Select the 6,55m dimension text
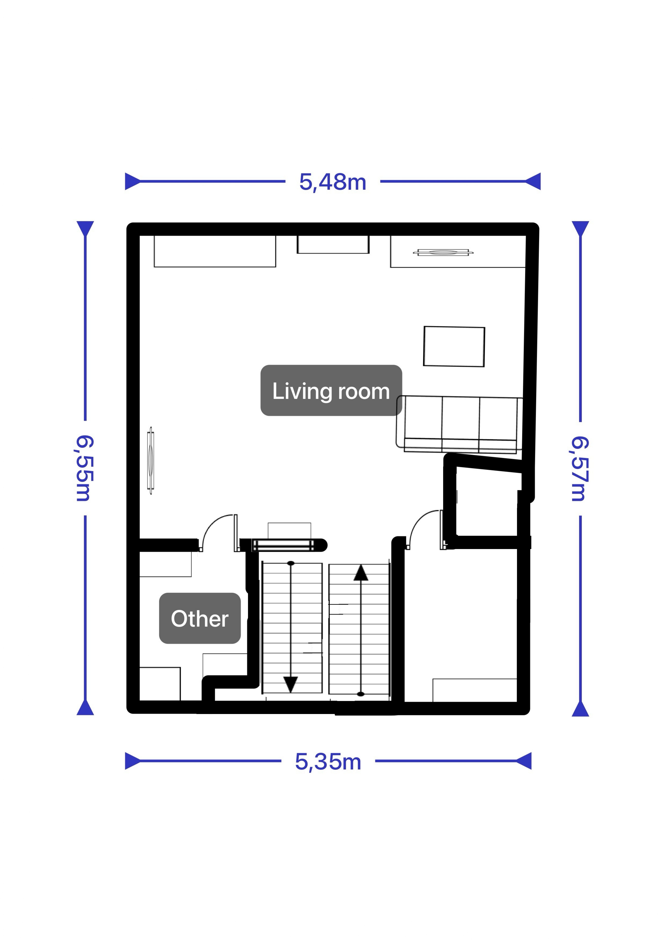click(85, 468)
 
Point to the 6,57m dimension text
click(580, 468)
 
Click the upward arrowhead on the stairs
click(361, 573)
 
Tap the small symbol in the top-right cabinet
click(443, 252)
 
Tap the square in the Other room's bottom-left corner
click(160, 684)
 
